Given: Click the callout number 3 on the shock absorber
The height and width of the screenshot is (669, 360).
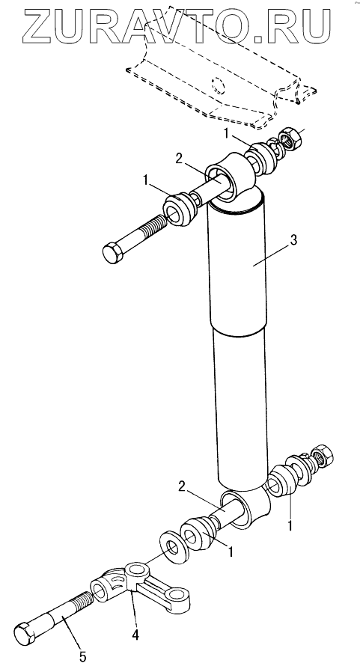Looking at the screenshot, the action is click(293, 240).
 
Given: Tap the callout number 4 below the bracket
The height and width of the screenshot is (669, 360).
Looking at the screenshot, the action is click(135, 635).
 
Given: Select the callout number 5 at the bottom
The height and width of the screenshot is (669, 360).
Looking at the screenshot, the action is click(83, 656).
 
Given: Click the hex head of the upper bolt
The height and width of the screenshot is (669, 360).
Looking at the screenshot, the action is click(113, 252).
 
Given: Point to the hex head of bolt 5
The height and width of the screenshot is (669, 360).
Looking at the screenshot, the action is click(27, 633).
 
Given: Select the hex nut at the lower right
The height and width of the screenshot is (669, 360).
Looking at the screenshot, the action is click(323, 455).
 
